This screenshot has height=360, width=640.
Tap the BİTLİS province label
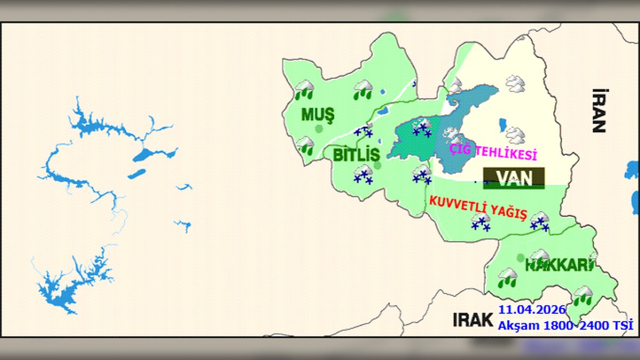[356, 155]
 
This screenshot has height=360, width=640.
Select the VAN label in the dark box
[514, 178]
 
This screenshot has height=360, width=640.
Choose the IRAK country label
[473, 319]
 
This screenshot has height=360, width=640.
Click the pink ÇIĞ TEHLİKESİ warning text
[493, 153]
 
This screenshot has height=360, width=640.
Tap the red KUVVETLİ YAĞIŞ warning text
[478, 208]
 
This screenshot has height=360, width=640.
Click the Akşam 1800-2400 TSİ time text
[565, 324]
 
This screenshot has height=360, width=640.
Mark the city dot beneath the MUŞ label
[319, 129]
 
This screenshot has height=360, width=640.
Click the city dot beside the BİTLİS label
[378, 165]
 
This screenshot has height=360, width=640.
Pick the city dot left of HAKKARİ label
[521, 258]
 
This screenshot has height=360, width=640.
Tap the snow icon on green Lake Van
[422, 129]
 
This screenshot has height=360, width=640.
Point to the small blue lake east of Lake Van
[501, 126]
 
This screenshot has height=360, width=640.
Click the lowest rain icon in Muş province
[305, 146]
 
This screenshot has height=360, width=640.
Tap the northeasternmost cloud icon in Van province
[515, 83]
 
